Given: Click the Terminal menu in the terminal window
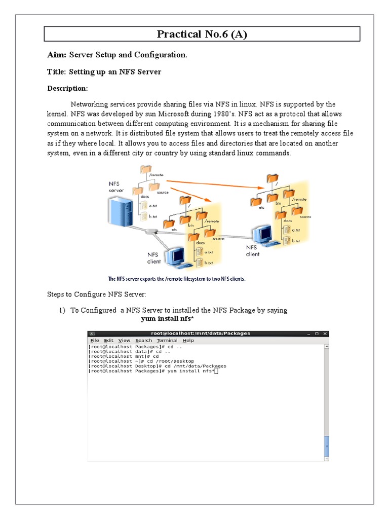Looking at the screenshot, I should pyautogui.click(x=167, y=341).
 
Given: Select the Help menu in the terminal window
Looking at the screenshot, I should pyautogui.click(x=188, y=341).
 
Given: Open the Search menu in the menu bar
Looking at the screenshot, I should pyautogui.click(x=143, y=341).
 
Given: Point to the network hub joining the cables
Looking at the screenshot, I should pyautogui.click(x=150, y=232).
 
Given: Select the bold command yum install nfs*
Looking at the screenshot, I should pyautogui.click(x=168, y=319).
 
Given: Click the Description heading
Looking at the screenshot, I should pyautogui.click(x=67, y=89).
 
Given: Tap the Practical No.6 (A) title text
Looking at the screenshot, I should pyautogui.click(x=202, y=34).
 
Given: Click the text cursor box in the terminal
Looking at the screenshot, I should pyautogui.click(x=216, y=371).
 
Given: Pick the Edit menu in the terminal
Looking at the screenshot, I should pyautogui.click(x=109, y=341).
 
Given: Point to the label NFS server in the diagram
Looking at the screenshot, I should pyautogui.click(x=116, y=187).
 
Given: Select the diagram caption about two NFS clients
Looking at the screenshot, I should pyautogui.click(x=176, y=279).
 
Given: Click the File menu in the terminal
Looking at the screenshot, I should pyautogui.click(x=94, y=341).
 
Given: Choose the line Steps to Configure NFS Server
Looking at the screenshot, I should pyautogui.click(x=103, y=294).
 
